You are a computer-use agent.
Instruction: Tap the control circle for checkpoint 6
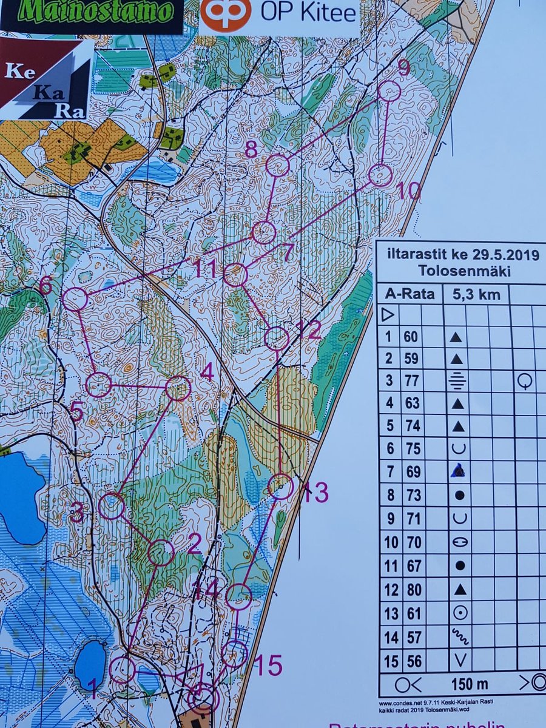[x=75, y=300]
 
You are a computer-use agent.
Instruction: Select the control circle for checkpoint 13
[x=281, y=487]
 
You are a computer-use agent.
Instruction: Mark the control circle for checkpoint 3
[x=112, y=506]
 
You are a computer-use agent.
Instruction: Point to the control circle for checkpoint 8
[x=278, y=166]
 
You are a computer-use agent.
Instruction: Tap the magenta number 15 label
[x=268, y=666]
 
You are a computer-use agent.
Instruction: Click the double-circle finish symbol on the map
[x=203, y=698]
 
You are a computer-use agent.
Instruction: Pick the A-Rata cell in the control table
[x=410, y=295]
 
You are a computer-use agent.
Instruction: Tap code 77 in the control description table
[x=413, y=381]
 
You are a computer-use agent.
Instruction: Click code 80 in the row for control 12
[x=413, y=589]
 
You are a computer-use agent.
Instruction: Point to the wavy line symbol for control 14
[x=460, y=636]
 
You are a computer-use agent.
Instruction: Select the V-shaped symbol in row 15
[x=460, y=660]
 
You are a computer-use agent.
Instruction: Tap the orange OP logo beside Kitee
[x=226, y=15]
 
